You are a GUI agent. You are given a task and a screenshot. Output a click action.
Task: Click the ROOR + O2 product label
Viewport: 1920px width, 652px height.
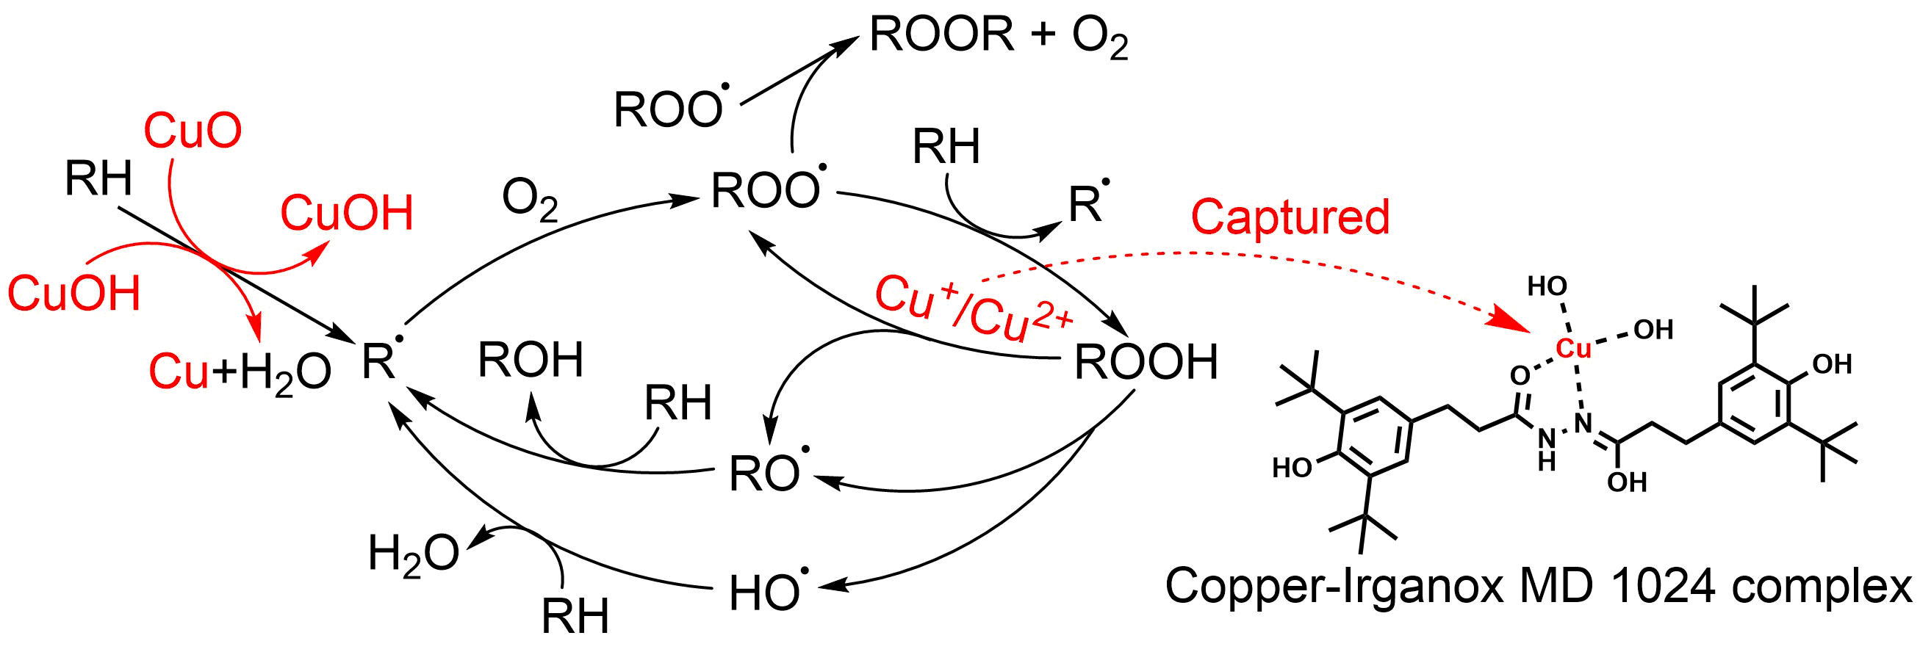tap(998, 36)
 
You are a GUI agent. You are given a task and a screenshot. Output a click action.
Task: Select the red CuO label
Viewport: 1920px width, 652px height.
tap(193, 131)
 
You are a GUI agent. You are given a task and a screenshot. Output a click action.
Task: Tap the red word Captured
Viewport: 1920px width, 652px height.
tap(1290, 217)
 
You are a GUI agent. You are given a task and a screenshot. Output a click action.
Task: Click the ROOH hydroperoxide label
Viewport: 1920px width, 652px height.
tap(1146, 363)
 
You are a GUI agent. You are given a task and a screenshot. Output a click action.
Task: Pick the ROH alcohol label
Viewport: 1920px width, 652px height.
tap(530, 361)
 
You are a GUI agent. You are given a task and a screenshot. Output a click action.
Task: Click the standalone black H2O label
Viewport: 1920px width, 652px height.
tap(413, 555)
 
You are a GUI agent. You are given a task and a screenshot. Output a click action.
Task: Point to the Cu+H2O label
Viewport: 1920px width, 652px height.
tap(240, 372)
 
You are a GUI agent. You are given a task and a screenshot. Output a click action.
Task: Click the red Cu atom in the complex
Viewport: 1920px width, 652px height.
tap(1572, 348)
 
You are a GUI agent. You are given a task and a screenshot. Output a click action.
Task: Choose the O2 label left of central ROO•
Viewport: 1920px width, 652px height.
tap(529, 200)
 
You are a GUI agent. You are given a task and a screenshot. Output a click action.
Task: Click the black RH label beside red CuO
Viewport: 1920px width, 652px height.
tap(98, 179)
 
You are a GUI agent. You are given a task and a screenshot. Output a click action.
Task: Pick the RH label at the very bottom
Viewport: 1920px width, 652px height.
tap(575, 617)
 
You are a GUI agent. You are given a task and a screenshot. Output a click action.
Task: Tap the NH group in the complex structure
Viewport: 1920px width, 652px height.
tap(1547, 450)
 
